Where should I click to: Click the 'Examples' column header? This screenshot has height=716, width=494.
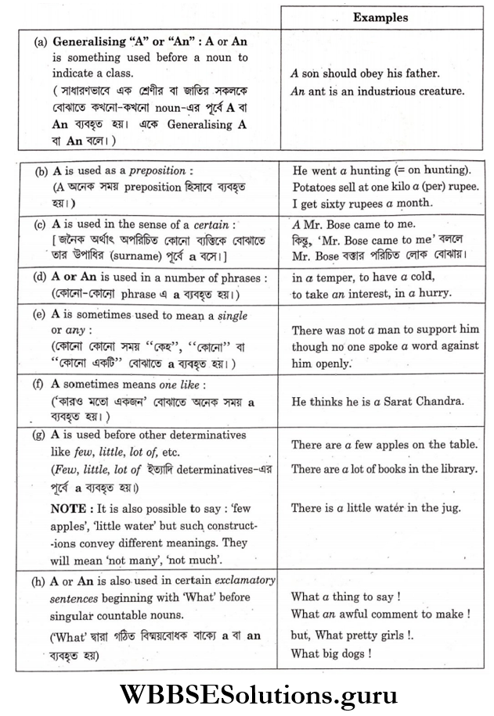pos(380,16)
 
